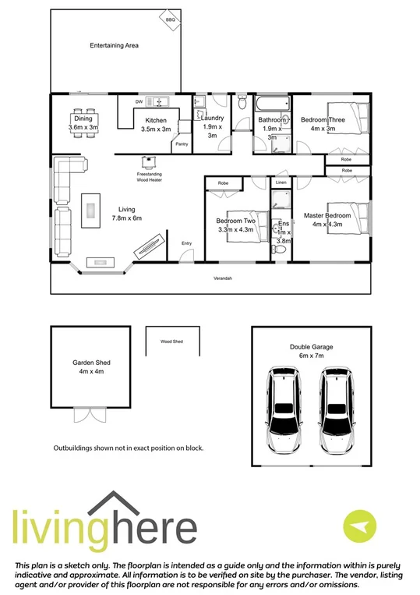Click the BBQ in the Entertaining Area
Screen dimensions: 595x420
171,19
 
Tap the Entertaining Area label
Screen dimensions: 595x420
114,46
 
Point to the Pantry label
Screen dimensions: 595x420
182,144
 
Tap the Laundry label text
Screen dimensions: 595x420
213,119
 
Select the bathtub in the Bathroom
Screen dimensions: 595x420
270,104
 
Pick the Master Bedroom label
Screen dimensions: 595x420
327,215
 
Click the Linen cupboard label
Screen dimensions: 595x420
281,182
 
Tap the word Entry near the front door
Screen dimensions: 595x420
187,243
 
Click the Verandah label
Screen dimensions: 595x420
224,278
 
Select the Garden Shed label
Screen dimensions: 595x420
88,363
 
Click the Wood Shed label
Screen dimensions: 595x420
171,342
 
